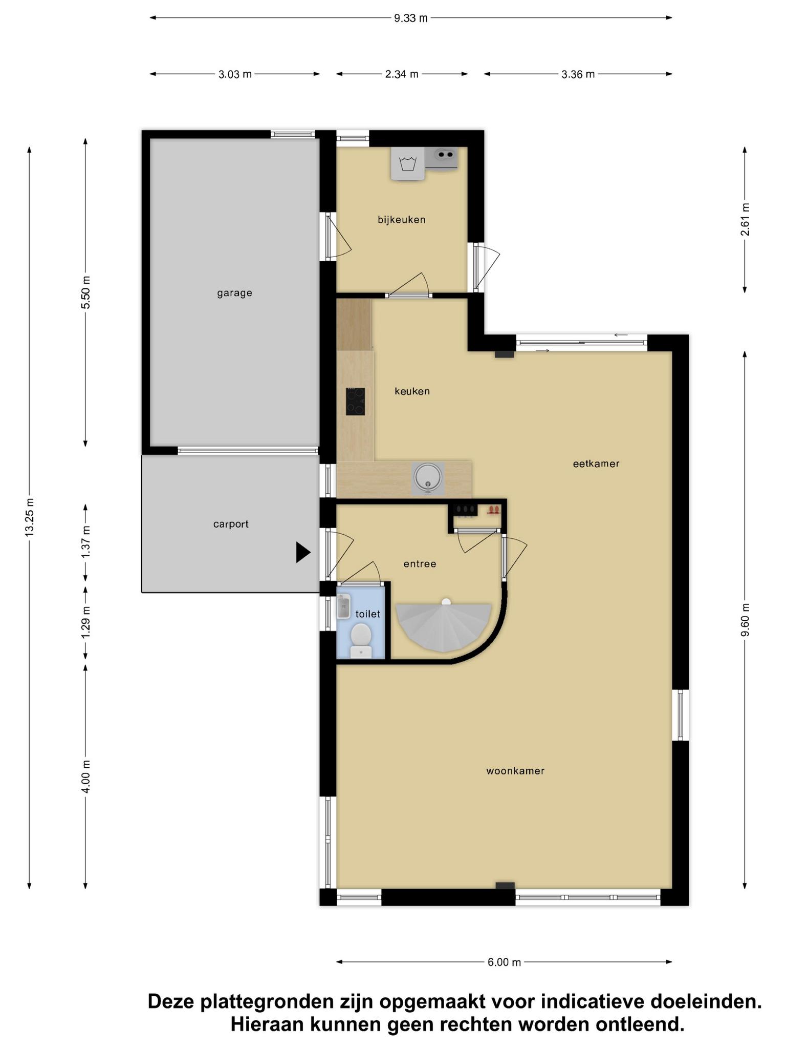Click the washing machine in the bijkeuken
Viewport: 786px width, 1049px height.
coord(408,164)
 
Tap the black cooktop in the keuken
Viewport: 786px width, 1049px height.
coord(355,401)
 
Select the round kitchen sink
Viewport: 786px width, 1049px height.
coord(427,477)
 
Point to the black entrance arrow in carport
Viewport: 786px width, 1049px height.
coord(303,553)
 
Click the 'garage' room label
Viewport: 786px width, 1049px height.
coord(234,293)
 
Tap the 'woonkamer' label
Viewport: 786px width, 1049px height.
coord(515,771)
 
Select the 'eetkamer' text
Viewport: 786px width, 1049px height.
coord(596,464)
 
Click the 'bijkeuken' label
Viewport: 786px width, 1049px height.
coord(402,220)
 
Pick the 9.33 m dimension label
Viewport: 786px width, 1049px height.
coord(410,18)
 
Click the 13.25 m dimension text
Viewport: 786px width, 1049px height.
coord(29,517)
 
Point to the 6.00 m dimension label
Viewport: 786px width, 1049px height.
coord(504,962)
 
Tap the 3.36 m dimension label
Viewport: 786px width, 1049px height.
coord(578,74)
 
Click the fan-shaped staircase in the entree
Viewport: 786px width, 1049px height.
coord(444,626)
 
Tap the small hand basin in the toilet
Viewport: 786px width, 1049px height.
coord(343,606)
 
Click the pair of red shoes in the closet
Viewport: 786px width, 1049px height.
coord(493,510)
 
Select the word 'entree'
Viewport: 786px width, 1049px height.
coord(420,564)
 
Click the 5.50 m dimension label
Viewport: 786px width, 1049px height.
coord(85,292)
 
